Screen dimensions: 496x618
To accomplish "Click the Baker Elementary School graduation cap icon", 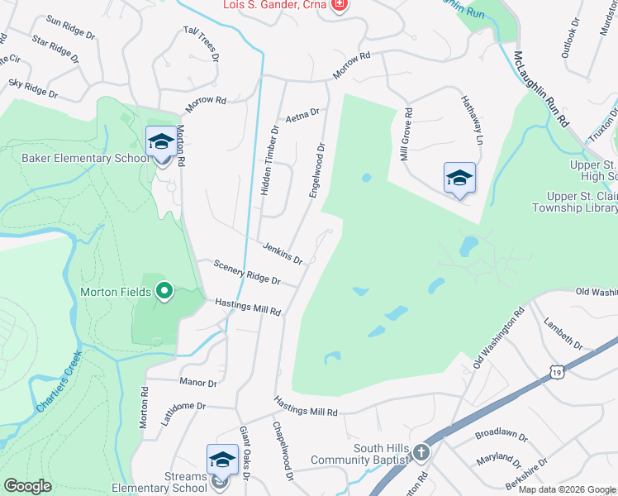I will tap(161, 142).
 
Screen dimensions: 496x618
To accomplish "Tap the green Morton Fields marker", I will tap(164, 290).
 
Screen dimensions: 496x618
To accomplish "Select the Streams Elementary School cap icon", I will tap(222, 460).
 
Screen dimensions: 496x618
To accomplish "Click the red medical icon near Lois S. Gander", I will tap(338, 6).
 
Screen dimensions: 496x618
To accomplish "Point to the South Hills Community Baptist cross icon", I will tap(421, 452).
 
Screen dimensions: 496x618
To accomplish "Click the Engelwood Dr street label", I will tap(317, 170).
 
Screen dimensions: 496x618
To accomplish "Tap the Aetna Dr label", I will tap(302, 117).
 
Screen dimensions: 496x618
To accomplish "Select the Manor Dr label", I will tap(197, 384).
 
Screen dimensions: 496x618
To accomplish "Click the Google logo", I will tap(27, 486).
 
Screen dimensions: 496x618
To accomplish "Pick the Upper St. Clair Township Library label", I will tap(582, 203).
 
